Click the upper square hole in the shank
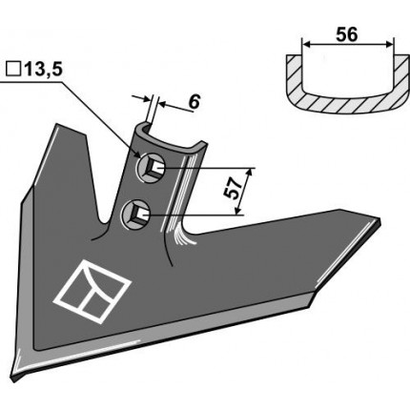pos(152,170)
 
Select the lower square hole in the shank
pos(138,210)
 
